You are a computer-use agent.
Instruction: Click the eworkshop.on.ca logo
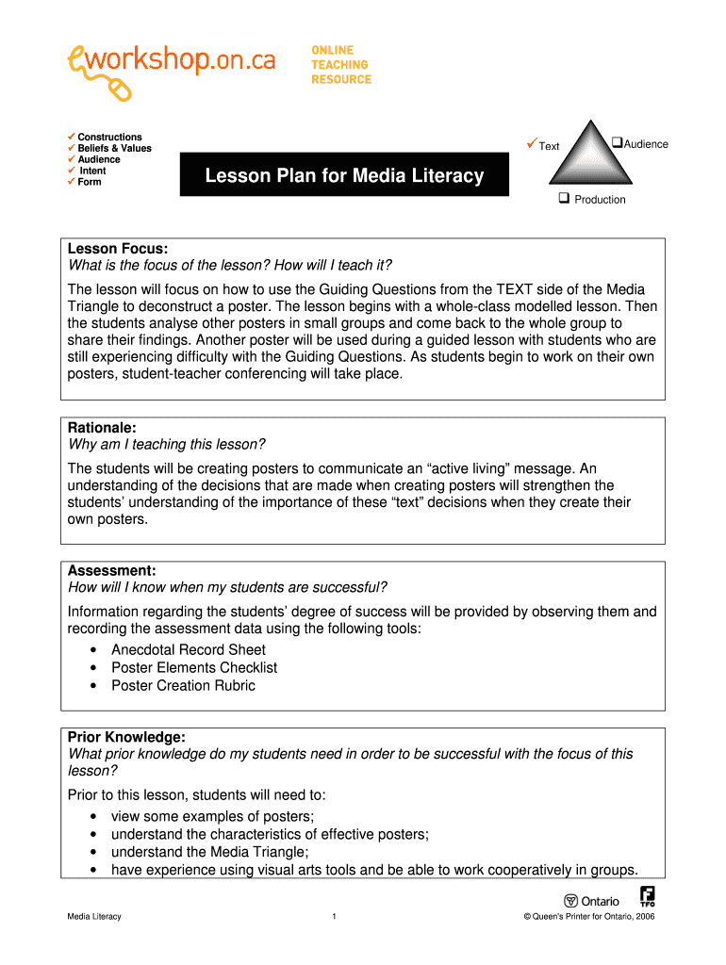(171, 67)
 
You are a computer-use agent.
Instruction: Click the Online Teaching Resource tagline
(341, 65)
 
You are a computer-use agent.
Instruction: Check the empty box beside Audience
(617, 143)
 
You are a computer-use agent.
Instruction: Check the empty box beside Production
(563, 199)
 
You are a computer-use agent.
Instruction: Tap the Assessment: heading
(111, 571)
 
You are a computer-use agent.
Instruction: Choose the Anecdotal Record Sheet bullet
(189, 649)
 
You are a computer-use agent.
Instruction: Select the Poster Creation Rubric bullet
(183, 685)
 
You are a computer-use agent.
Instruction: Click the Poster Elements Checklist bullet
(194, 667)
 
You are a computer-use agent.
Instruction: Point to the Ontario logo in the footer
(592, 901)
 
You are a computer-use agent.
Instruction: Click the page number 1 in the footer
(335, 917)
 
